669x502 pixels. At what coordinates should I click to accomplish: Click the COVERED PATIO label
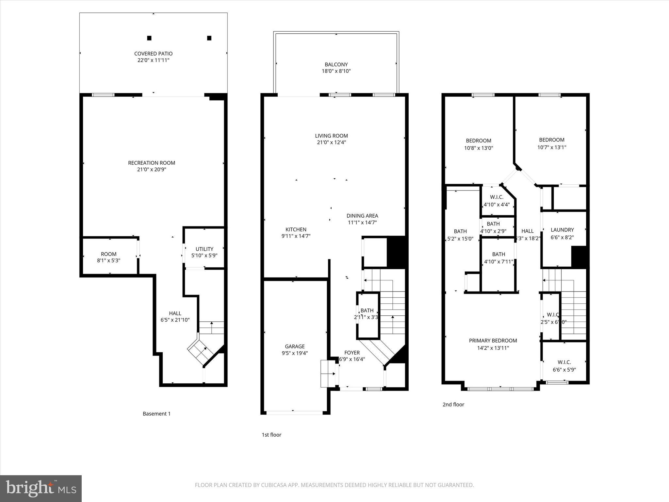tap(153, 54)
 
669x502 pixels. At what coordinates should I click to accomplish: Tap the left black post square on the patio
tap(149, 38)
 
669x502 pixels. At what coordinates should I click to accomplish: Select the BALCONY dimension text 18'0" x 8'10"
tap(336, 71)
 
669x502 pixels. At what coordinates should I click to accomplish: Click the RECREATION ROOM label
tap(152, 163)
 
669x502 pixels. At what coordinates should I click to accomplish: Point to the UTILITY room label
tap(204, 249)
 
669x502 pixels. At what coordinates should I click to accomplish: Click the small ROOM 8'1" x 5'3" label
tap(109, 254)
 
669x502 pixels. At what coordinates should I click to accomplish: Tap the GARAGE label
tap(295, 346)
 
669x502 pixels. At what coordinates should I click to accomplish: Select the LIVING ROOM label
tap(331, 136)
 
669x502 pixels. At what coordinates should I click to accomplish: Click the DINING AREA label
tap(362, 216)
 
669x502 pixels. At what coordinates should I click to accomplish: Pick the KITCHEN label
tap(296, 229)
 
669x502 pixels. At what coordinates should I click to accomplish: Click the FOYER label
tap(352, 353)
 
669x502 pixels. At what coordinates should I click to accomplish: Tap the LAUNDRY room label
tap(562, 230)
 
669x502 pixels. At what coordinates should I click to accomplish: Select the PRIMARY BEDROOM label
tap(493, 341)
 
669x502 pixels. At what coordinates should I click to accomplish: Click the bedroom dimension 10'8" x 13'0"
tap(479, 148)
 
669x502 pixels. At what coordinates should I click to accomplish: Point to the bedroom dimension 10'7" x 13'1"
tap(552, 147)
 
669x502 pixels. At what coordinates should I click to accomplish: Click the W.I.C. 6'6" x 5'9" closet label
tap(564, 362)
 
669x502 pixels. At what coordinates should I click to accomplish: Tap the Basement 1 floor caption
tap(156, 414)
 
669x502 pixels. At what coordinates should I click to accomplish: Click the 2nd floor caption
tap(453, 405)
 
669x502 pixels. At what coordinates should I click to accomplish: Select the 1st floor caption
tap(271, 435)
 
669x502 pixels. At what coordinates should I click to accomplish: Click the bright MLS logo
tap(41, 488)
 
